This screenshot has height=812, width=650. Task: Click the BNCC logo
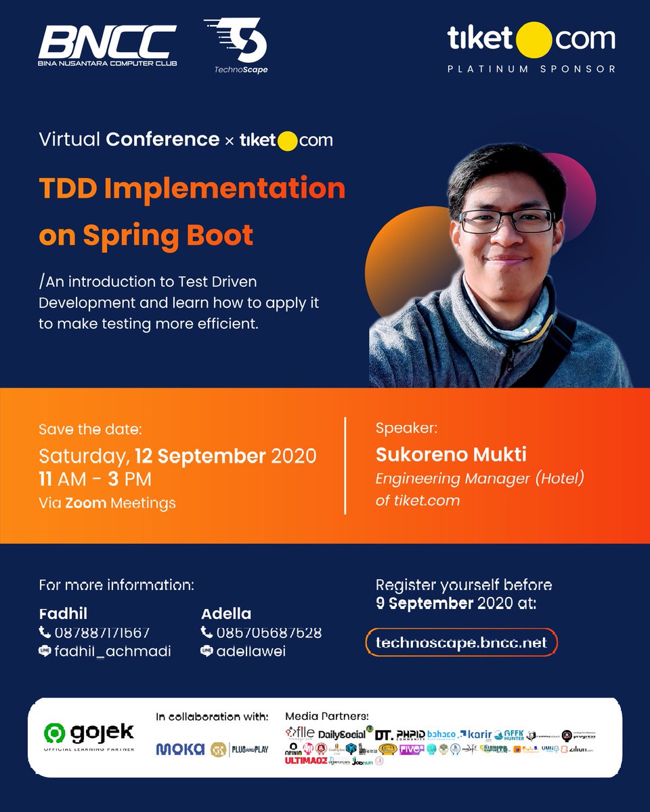click(x=107, y=46)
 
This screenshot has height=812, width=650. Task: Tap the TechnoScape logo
click(x=236, y=45)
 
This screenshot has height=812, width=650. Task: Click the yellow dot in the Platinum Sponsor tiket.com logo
click(x=534, y=40)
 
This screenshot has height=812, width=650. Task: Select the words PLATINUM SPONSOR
click(x=532, y=69)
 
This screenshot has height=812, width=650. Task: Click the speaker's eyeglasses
click(x=506, y=221)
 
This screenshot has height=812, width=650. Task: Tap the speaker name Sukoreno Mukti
click(x=451, y=454)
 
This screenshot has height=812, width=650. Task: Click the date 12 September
click(x=200, y=456)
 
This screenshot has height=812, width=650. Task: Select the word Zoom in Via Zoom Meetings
click(x=85, y=503)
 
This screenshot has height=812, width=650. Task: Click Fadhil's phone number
click(x=101, y=633)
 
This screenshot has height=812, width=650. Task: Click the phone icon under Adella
click(x=207, y=633)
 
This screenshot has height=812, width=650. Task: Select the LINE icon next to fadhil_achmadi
click(x=45, y=652)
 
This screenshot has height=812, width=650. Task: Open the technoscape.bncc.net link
click(x=460, y=643)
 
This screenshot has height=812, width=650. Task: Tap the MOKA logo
click(x=180, y=749)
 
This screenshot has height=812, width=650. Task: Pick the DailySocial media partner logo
click(x=341, y=734)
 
